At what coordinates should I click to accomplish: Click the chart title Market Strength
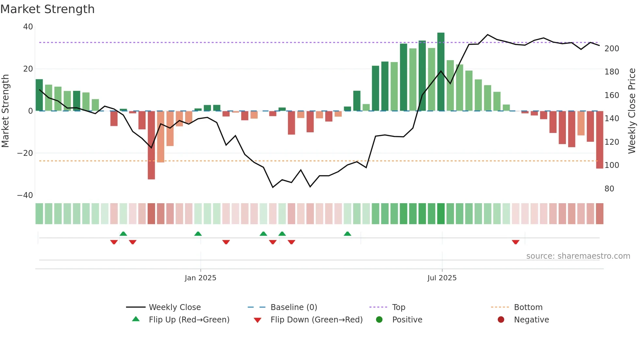pyautogui.click(x=47, y=9)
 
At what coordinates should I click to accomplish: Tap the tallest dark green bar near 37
pyautogui.click(x=441, y=72)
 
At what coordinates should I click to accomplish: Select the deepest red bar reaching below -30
pyautogui.click(x=151, y=145)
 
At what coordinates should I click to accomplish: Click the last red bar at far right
pyautogui.click(x=600, y=140)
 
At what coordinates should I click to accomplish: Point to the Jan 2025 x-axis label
pyautogui.click(x=200, y=278)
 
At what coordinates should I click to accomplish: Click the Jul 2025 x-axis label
pyautogui.click(x=442, y=278)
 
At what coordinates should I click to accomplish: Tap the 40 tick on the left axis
pyautogui.click(x=28, y=27)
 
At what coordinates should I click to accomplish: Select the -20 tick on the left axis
pyautogui.click(x=25, y=153)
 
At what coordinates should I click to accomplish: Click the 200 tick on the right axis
pyautogui.click(x=612, y=49)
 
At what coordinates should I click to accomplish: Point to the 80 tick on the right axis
pyautogui.click(x=609, y=189)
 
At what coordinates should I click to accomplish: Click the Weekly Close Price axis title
pyautogui.click(x=632, y=111)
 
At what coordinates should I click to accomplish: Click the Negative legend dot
pyautogui.click(x=501, y=320)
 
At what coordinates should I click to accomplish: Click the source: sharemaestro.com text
pyautogui.click(x=578, y=256)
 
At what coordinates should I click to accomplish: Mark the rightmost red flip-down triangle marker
pyautogui.click(x=516, y=242)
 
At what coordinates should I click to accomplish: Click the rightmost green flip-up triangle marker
pyautogui.click(x=347, y=234)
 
